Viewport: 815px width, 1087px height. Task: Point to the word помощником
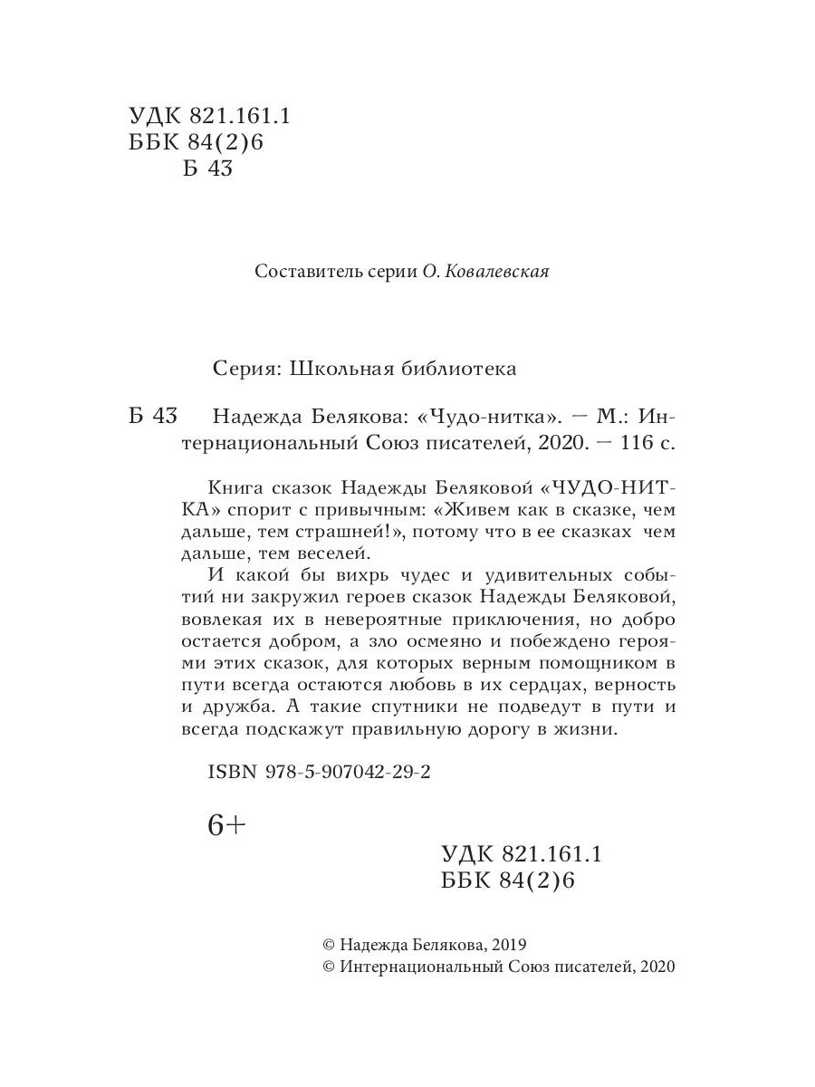pos(596,662)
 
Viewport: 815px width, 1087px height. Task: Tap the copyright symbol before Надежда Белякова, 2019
pos(330,943)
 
